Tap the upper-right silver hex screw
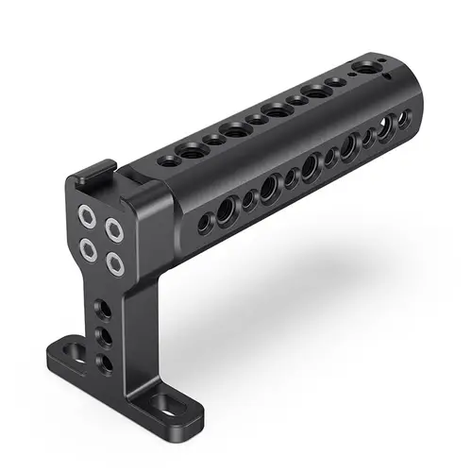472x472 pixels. point(114,228)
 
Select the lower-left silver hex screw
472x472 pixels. point(90,248)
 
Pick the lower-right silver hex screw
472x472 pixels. point(116,263)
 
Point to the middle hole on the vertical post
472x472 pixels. point(104,337)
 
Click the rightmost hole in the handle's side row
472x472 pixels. point(403,118)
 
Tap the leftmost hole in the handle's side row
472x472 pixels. point(203,223)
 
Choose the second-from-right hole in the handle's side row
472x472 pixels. point(386,129)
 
